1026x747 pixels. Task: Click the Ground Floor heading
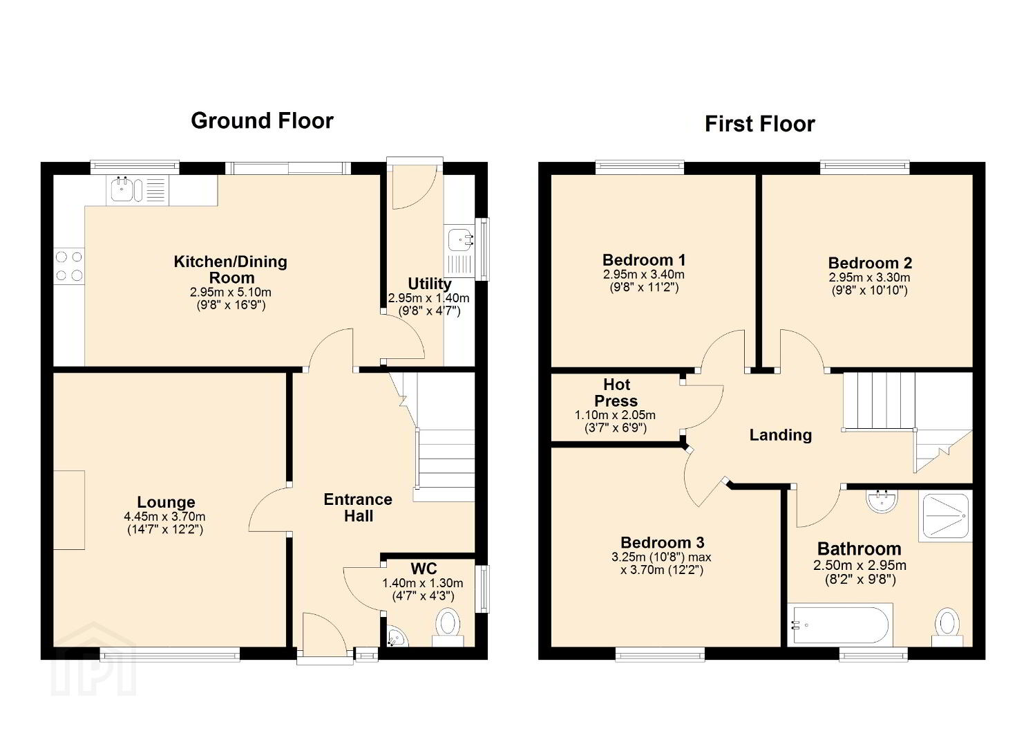pos(262,120)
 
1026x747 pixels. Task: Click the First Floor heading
pos(760,124)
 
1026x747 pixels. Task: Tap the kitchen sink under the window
pos(137,190)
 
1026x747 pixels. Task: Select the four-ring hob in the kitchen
pos(69,266)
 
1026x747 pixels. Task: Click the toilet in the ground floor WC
pos(448,627)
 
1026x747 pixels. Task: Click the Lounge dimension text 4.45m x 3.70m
pos(165,517)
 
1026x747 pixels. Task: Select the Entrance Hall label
pos(358,508)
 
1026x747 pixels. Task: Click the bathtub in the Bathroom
pos(840,625)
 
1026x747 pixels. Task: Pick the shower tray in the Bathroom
pos(944,516)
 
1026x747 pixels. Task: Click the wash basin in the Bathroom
pos(882,501)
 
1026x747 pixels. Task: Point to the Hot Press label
pos(616,393)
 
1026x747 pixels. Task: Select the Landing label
pos(781,435)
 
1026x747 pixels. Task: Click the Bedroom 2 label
pos(870,263)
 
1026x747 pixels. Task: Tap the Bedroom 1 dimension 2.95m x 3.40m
pos(643,275)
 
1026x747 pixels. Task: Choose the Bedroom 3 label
pos(662,542)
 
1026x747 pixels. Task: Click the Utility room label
pos(429,284)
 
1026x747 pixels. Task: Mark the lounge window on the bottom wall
pos(170,654)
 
